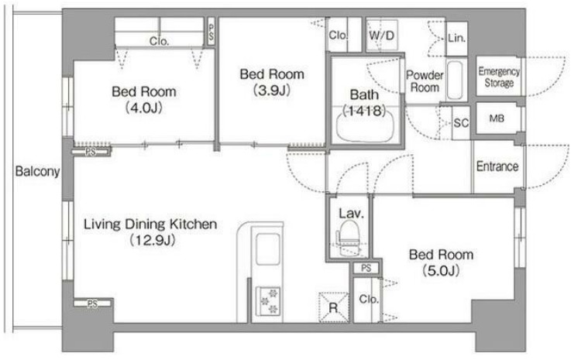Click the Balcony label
click(x=37, y=171)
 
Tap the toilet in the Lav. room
click(x=349, y=238)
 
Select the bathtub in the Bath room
click(x=365, y=126)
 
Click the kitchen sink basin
click(x=268, y=249)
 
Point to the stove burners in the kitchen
click(x=268, y=300)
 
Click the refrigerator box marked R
click(x=333, y=307)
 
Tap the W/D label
click(x=382, y=36)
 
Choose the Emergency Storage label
click(x=499, y=77)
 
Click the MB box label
click(x=497, y=118)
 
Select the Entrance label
click(x=497, y=166)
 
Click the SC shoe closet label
click(x=461, y=123)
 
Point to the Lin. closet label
click(x=456, y=38)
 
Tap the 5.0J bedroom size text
click(x=441, y=271)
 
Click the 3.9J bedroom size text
click(x=272, y=90)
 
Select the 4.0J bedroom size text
click(x=144, y=108)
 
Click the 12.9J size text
click(x=153, y=240)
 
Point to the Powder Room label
click(x=425, y=81)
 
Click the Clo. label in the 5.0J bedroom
click(x=369, y=300)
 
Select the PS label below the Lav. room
click(x=366, y=268)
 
